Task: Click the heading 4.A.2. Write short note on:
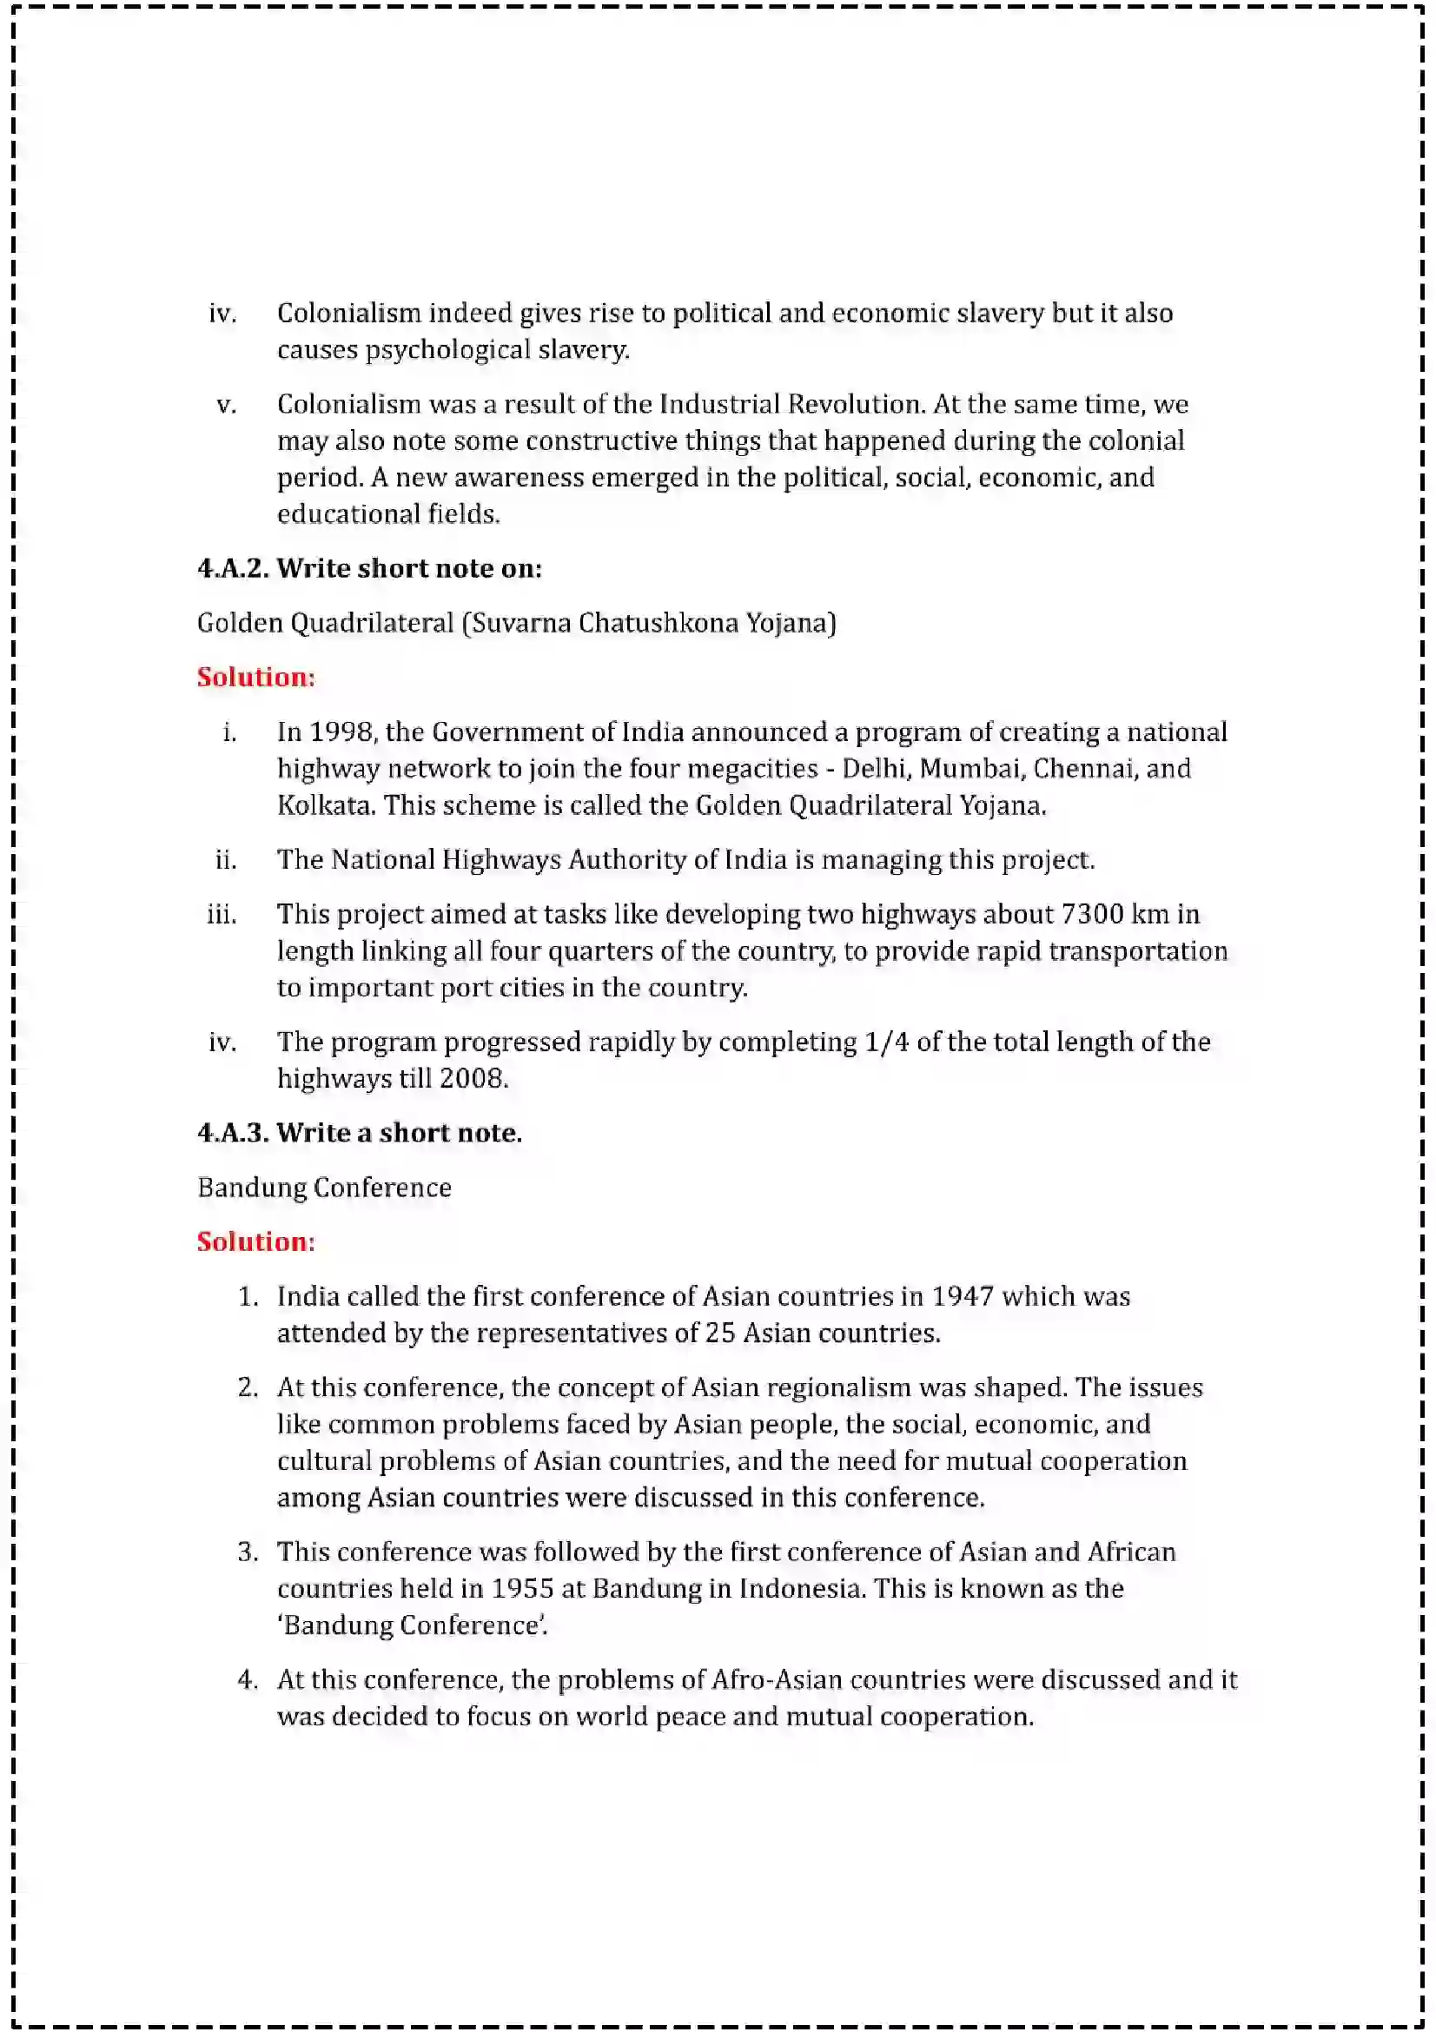(x=369, y=568)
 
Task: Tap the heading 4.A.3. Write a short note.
(x=360, y=1133)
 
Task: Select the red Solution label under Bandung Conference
(x=255, y=1241)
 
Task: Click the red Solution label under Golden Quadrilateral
(x=255, y=677)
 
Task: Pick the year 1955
(x=523, y=1589)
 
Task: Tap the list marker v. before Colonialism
(x=227, y=406)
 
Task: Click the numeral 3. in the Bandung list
(x=248, y=1552)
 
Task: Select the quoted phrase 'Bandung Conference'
(x=413, y=1625)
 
